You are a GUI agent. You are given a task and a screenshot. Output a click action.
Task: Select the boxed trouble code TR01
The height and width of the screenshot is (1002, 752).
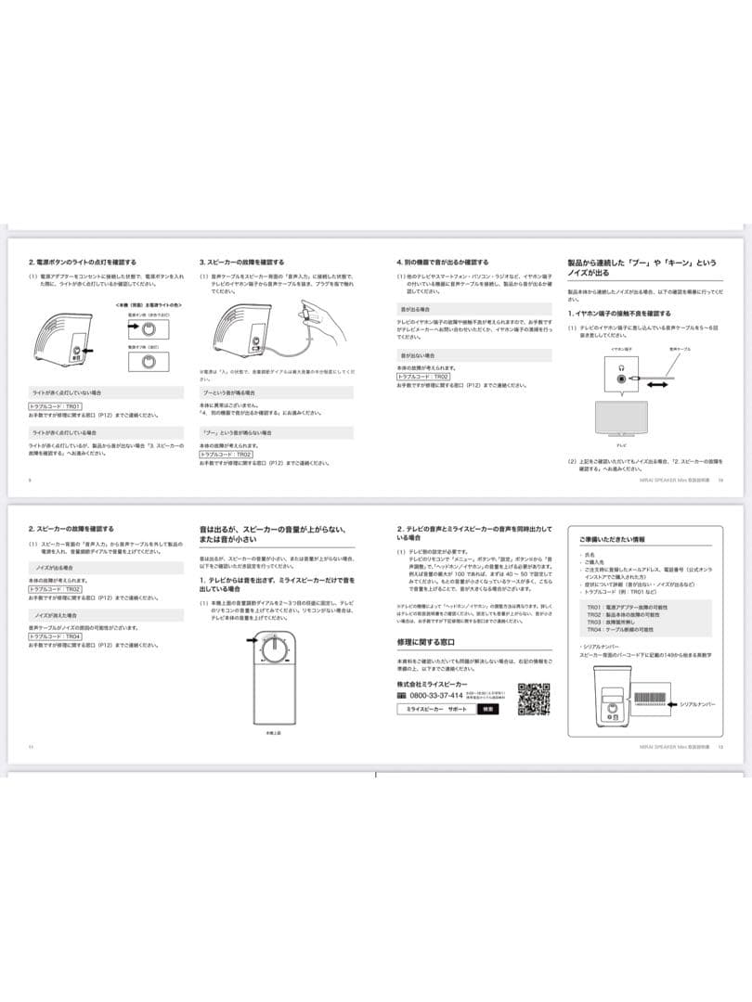[x=56, y=406]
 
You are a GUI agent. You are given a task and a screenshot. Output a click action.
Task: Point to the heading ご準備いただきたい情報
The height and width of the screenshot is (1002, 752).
[x=613, y=539]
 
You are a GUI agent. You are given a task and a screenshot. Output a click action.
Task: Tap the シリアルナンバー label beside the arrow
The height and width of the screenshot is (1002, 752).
[x=699, y=705]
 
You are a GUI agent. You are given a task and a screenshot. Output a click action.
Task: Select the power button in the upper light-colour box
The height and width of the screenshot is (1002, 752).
[x=146, y=328]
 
